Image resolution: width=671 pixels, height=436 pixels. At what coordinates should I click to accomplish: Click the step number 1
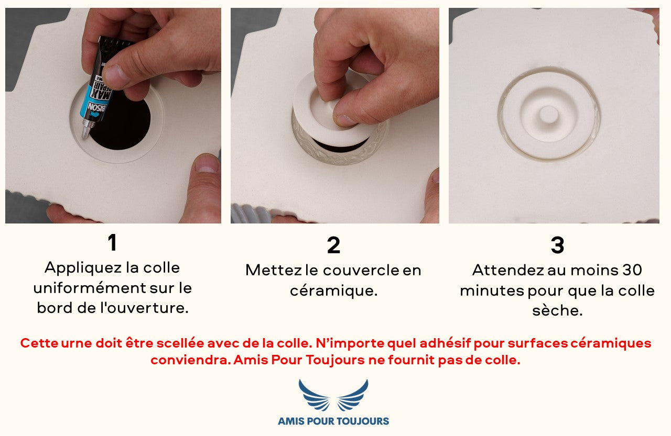(112, 242)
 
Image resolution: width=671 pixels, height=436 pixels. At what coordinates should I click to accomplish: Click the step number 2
(333, 245)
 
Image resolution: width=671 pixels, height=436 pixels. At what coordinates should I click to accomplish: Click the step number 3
(557, 245)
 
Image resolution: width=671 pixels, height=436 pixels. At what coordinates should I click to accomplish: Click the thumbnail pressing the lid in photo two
(345, 119)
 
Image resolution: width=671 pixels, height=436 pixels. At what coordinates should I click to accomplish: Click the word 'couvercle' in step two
(361, 270)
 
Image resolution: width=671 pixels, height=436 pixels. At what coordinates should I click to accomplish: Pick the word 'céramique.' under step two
(333, 290)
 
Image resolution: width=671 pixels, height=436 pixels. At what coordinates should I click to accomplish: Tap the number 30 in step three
(632, 270)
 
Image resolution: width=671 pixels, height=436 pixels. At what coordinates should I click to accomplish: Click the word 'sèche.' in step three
(557, 310)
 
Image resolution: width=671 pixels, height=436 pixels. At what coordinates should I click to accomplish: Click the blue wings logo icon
(333, 395)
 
